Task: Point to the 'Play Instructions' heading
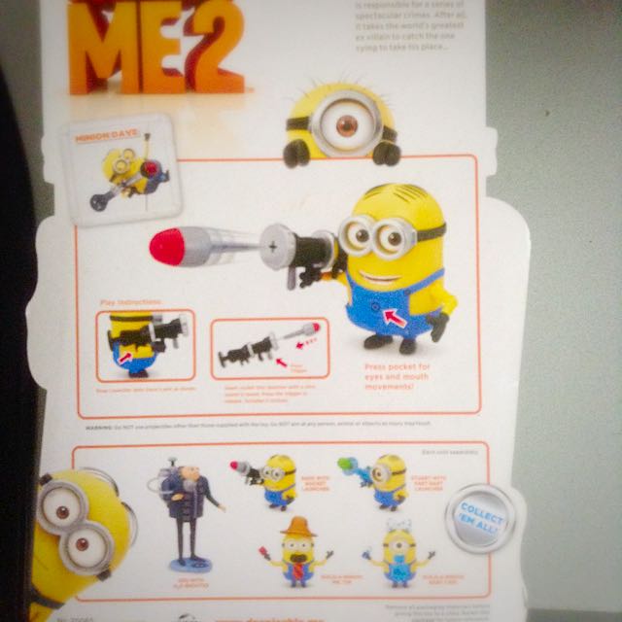coord(130,302)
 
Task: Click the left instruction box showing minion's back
coord(145,346)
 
